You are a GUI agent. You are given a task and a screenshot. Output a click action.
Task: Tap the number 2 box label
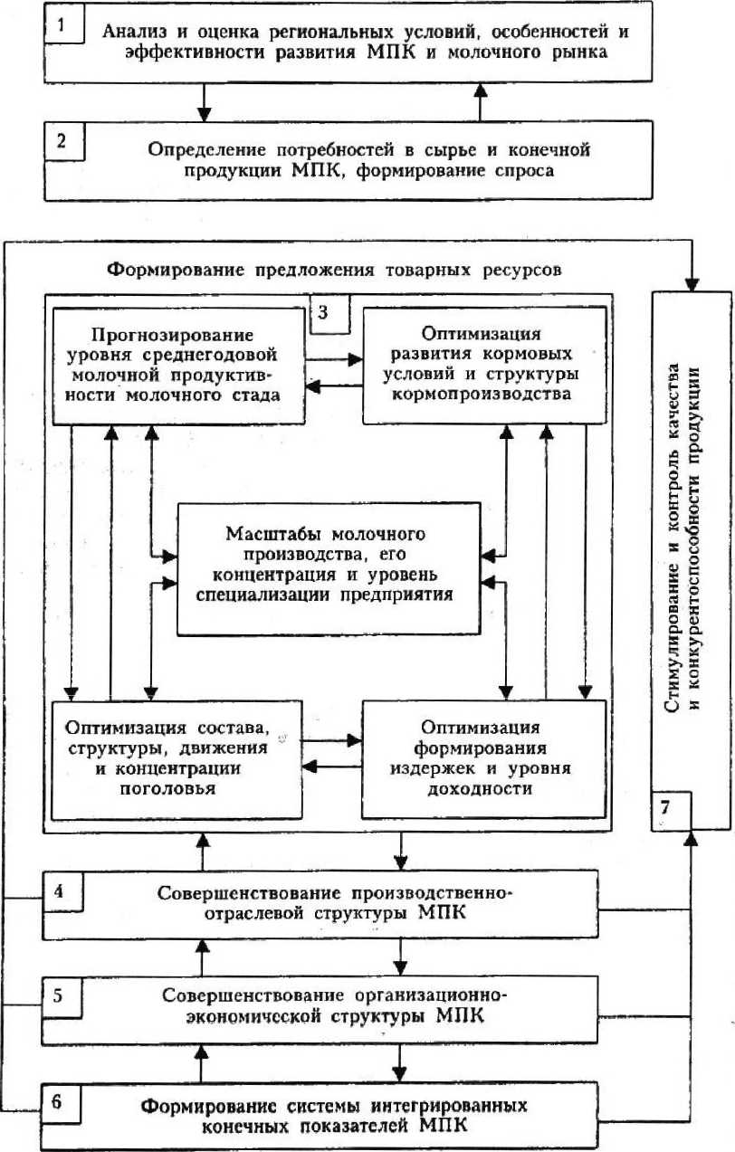(x=62, y=142)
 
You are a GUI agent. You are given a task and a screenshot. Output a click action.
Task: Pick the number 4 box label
(x=59, y=890)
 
